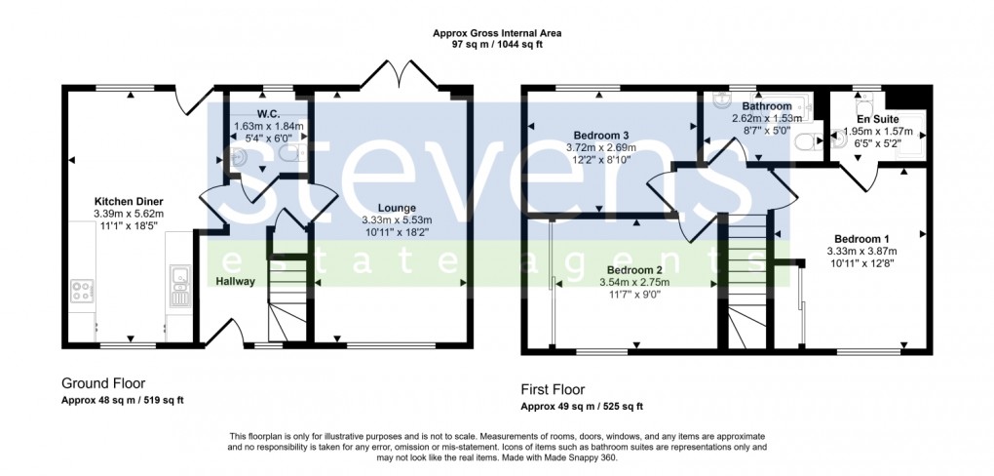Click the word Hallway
(236, 281)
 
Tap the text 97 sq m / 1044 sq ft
(497, 44)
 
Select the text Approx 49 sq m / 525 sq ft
(582, 407)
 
